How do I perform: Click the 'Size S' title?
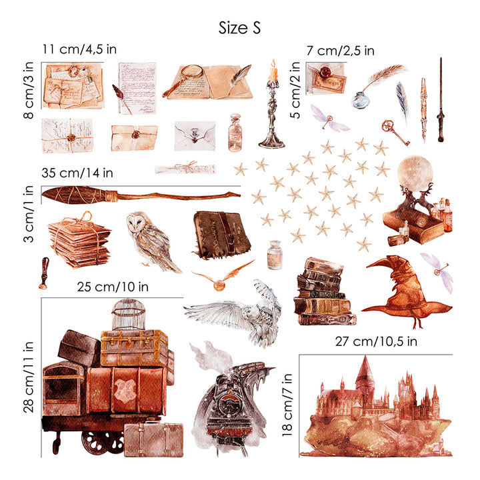pyautogui.click(x=239, y=28)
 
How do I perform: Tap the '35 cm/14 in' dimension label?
pyautogui.click(x=77, y=173)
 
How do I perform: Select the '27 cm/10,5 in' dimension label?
pyautogui.click(x=376, y=341)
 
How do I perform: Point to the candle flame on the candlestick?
pyautogui.click(x=273, y=65)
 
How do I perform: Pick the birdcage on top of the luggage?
pyautogui.click(x=128, y=315)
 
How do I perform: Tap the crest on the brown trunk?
pyautogui.click(x=125, y=390)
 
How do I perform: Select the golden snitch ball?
pyautogui.click(x=219, y=286)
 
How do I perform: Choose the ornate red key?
pyautogui.click(x=395, y=132)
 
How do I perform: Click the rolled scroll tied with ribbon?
pyautogui.click(x=185, y=169)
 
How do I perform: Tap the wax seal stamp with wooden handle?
pyautogui.click(x=44, y=273)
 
